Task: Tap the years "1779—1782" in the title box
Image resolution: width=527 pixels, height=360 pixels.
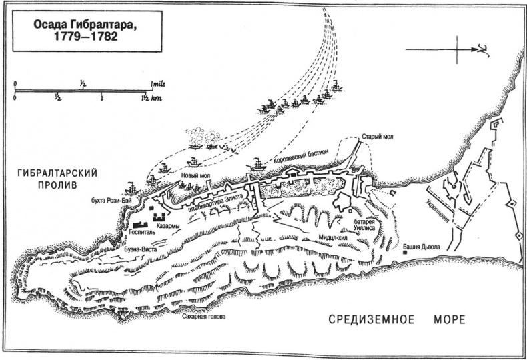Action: coord(79,39)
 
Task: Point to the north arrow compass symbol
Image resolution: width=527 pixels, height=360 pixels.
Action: coord(458,49)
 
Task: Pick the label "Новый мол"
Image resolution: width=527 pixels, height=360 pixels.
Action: coord(194,177)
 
